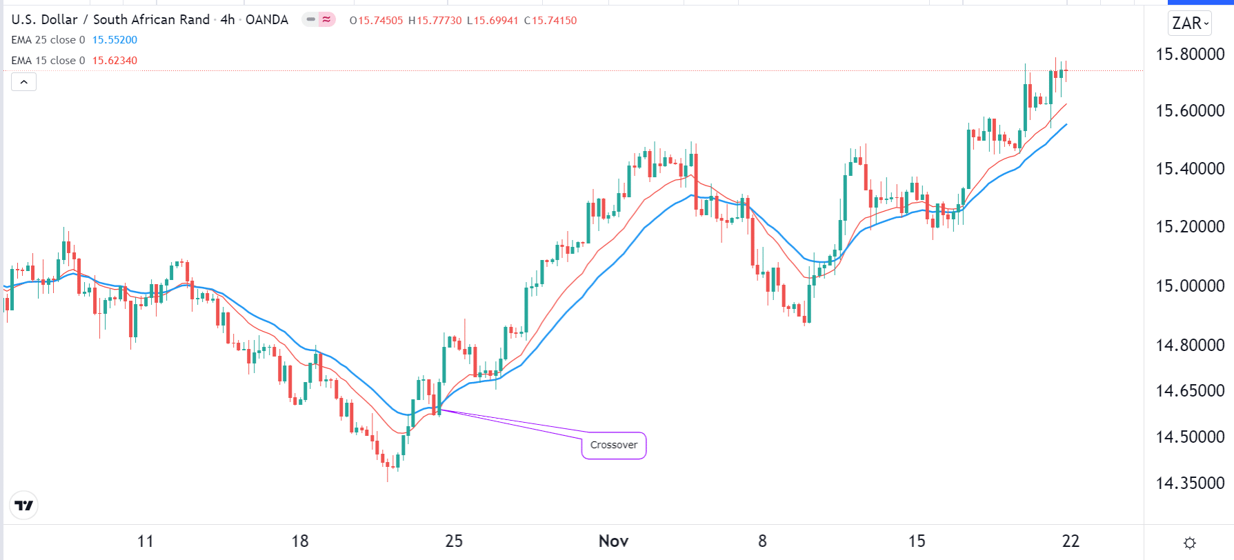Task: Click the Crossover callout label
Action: tap(613, 445)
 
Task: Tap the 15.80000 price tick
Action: tap(1190, 54)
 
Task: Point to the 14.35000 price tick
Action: tap(1190, 483)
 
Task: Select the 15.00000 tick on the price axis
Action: tap(1190, 286)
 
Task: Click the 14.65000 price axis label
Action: tap(1190, 390)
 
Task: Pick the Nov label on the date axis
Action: tap(613, 541)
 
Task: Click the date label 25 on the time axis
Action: tap(454, 541)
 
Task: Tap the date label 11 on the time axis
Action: tap(146, 541)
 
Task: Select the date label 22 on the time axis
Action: tap(1071, 541)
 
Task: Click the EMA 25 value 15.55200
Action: tap(115, 40)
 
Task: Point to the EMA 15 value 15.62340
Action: tap(115, 61)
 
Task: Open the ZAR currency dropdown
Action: tap(1191, 23)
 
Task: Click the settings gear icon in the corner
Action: tap(1189, 543)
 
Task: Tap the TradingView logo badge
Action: tap(23, 506)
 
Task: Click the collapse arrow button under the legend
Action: tap(23, 82)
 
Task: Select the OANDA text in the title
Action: tap(267, 20)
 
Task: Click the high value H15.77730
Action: tap(435, 21)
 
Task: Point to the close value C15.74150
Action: tap(550, 21)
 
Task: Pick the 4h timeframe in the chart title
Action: tap(228, 20)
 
